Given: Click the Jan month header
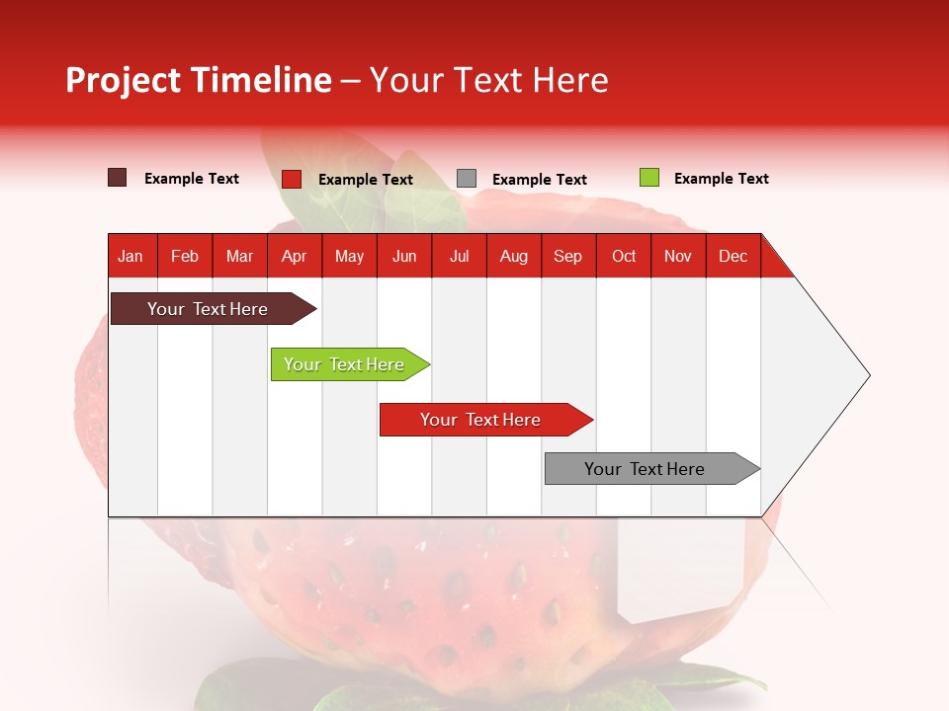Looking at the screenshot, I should pos(131,256).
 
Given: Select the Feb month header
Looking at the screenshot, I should pos(185,256).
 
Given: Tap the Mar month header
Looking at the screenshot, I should pos(239,256).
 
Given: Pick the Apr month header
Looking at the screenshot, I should pos(295,256).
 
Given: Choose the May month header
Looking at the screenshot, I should pos(349,256).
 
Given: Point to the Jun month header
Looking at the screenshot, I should pos(404,256).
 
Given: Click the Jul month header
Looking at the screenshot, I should pos(459,256).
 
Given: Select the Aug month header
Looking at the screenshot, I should pos(514,256).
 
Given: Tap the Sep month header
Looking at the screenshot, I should pos(568,256).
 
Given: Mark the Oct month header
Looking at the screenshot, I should pos(624,256).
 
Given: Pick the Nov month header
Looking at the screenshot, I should pos(678,256).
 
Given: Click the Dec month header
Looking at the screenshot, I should pos(733,256).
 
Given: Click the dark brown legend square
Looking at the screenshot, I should pos(118,178).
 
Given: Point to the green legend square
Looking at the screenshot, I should pos(648,178).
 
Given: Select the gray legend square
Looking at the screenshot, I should pos(467,179).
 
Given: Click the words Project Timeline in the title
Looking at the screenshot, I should pos(199,80).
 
